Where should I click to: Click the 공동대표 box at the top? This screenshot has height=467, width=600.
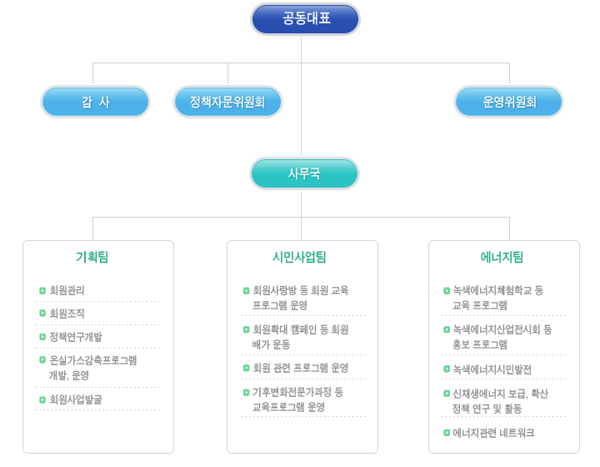pyautogui.click(x=305, y=19)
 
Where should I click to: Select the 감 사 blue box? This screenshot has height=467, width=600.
pyautogui.click(x=95, y=102)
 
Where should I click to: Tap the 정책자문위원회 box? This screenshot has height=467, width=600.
pyautogui.click(x=227, y=102)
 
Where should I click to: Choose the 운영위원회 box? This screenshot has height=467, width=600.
pyautogui.click(x=508, y=102)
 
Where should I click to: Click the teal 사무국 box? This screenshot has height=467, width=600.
pyautogui.click(x=305, y=173)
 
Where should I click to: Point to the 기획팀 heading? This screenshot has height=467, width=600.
pyautogui.click(x=92, y=257)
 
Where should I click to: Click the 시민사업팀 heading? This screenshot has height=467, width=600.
pyautogui.click(x=299, y=257)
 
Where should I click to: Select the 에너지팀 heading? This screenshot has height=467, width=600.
pyautogui.click(x=502, y=257)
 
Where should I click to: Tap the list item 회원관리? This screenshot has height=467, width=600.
pyautogui.click(x=67, y=290)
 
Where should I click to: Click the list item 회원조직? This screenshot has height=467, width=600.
pyautogui.click(x=67, y=314)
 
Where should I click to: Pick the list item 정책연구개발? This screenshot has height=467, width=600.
pyautogui.click(x=76, y=337)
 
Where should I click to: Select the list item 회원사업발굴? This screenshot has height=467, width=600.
pyautogui.click(x=76, y=399)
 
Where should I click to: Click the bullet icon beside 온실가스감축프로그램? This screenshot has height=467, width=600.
pyautogui.click(x=42, y=359)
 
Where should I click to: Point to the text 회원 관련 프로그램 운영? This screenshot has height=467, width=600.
pyautogui.click(x=301, y=368)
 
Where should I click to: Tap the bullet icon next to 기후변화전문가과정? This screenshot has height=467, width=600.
pyautogui.click(x=247, y=392)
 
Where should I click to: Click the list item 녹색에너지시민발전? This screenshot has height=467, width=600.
pyautogui.click(x=492, y=369)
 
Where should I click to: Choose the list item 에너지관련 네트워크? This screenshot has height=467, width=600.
pyautogui.click(x=493, y=433)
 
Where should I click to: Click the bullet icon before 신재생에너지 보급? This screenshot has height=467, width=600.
pyautogui.click(x=447, y=394)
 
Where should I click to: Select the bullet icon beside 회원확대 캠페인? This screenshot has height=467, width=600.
pyautogui.click(x=247, y=329)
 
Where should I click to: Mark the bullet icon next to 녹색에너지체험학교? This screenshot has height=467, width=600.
pyautogui.click(x=447, y=291)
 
